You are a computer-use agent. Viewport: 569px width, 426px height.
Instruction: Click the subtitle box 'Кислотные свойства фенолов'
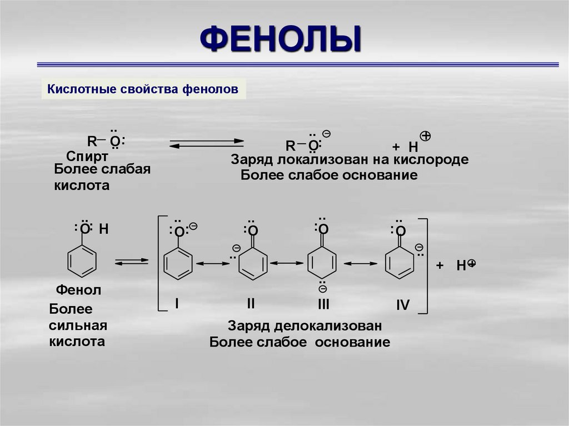[x=143, y=89]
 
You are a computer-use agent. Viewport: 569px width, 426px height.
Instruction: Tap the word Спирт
[x=87, y=155]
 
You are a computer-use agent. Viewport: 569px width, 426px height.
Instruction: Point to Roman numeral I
[x=176, y=303]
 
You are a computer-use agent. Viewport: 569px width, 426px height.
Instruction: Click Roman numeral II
[x=251, y=303]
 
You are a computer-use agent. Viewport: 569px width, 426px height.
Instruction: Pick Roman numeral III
[x=324, y=304]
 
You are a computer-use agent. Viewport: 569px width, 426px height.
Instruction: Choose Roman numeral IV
[x=403, y=305]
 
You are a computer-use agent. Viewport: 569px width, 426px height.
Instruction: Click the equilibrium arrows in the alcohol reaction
[x=206, y=142]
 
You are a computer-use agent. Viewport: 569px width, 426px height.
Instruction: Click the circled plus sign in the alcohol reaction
[x=426, y=136]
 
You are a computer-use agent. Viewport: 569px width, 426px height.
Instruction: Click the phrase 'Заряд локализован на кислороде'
[x=350, y=159]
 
